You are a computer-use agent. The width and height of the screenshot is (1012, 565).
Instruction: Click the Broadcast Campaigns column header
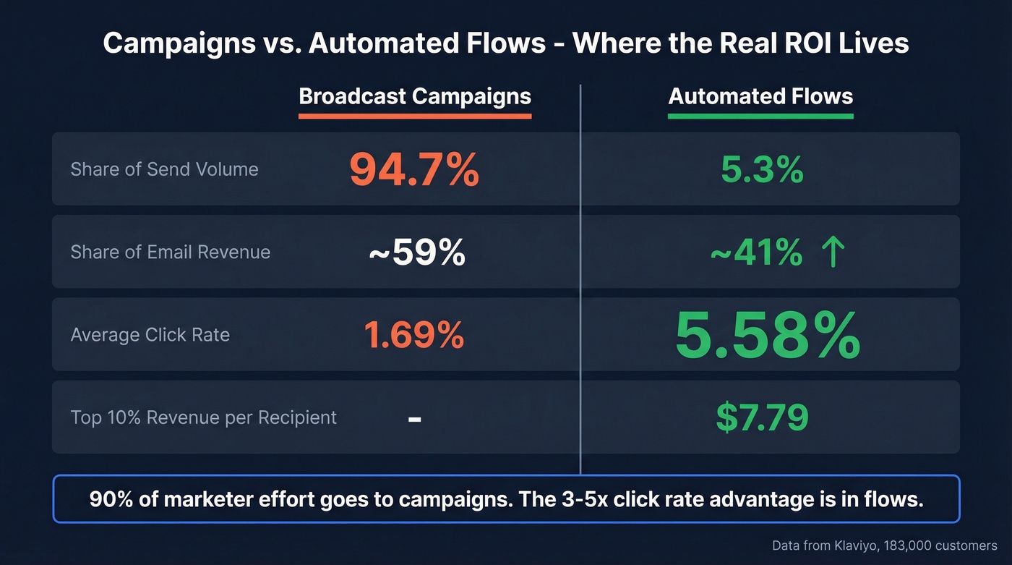[x=415, y=97]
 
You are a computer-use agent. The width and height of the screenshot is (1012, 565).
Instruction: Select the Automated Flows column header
[x=760, y=97]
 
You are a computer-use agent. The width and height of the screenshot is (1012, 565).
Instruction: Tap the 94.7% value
[x=413, y=170]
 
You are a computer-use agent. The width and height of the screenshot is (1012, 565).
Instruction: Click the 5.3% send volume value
[x=762, y=170]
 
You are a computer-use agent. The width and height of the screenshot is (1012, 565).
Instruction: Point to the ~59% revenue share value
[x=416, y=253]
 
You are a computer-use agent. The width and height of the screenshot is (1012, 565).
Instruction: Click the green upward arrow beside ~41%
[x=833, y=253]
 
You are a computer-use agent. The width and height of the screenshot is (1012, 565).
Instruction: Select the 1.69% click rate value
[x=413, y=336]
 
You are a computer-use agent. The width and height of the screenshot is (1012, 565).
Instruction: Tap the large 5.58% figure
[x=767, y=336]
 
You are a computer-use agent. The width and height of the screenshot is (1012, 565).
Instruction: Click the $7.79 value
[x=762, y=417]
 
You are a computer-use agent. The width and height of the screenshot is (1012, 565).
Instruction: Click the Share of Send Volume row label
[x=164, y=170]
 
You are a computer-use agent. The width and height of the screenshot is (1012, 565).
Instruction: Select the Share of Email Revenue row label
[x=170, y=252]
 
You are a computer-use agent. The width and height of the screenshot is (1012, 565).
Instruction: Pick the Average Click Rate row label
[x=150, y=336]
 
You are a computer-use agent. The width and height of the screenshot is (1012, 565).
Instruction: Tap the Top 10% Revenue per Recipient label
[x=203, y=418]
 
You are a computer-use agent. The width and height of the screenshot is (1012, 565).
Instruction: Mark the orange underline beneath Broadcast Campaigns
[x=415, y=116]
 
